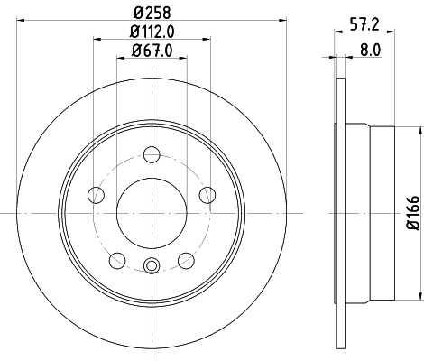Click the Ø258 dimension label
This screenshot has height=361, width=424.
pyautogui.click(x=151, y=13)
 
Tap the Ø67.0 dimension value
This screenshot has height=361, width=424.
pyautogui.click(x=151, y=52)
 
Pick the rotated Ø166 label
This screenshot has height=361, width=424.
pyautogui.click(x=412, y=213)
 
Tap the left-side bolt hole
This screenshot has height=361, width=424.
pyautogui.click(x=97, y=193)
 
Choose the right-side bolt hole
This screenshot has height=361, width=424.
pyautogui.click(x=207, y=193)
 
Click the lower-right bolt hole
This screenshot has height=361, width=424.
pyautogui.click(x=187, y=260)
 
